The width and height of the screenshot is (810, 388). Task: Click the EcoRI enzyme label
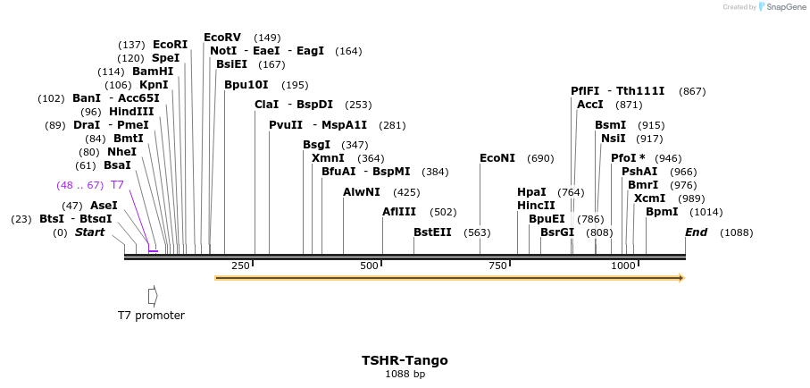pyautogui.click(x=170, y=45)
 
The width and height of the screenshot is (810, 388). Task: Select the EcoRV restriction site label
pyautogui.click(x=222, y=38)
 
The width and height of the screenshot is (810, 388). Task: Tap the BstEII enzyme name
pyautogui.click(x=432, y=232)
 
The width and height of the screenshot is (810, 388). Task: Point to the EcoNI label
pyautogui.click(x=497, y=158)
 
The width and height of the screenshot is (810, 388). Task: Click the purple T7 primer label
pyautogui.click(x=117, y=185)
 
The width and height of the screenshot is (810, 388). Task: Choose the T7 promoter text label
pyautogui.click(x=151, y=316)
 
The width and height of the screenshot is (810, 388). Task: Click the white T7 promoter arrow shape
pyautogui.click(x=153, y=295)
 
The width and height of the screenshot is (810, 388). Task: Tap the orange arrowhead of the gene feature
pyautogui.click(x=681, y=278)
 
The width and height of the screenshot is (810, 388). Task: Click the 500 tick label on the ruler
pyautogui.click(x=369, y=266)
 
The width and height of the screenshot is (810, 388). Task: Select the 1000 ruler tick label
pyautogui.click(x=622, y=266)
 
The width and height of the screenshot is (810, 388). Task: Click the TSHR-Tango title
pyautogui.click(x=405, y=361)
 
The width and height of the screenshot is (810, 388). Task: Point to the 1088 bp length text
pyautogui.click(x=405, y=375)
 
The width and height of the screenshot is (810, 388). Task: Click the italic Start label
pyautogui.click(x=89, y=232)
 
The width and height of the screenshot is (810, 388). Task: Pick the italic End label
pyautogui.click(x=696, y=232)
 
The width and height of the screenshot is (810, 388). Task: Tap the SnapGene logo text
pyautogui.click(x=785, y=7)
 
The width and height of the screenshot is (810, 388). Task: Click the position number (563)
pyautogui.click(x=477, y=232)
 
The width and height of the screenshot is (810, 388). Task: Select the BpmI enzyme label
pyautogui.click(x=662, y=212)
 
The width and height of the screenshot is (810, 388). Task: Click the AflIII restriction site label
pyautogui.click(x=399, y=212)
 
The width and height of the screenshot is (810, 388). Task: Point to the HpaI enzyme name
pyautogui.click(x=531, y=192)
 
